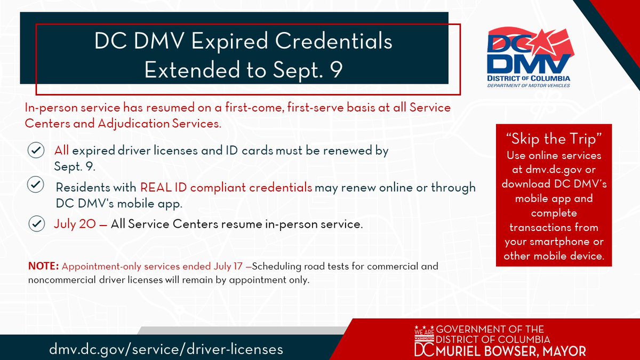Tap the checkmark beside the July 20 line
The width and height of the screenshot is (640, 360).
click(x=36, y=224)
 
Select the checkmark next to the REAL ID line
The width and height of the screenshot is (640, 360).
click(x=36, y=186)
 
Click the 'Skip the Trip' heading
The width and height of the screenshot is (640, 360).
click(x=554, y=139)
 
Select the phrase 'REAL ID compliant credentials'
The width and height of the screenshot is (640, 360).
click(x=226, y=188)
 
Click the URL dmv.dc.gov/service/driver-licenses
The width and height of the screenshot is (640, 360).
click(x=166, y=349)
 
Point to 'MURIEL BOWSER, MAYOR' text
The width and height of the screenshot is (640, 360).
click(x=511, y=350)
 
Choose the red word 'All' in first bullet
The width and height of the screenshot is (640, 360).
click(x=61, y=151)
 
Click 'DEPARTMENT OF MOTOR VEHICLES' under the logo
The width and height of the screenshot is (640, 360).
click(x=529, y=85)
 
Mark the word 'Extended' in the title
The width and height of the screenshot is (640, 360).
click(x=183, y=70)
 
